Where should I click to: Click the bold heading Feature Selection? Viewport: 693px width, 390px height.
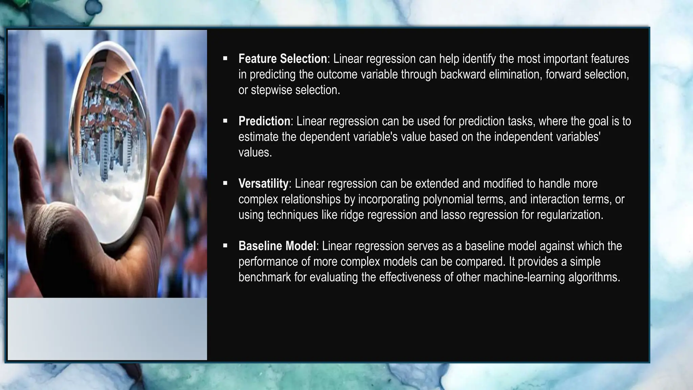[x=283, y=59]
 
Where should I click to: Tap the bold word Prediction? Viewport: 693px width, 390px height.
[x=264, y=121]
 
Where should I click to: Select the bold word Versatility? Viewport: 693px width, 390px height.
[x=263, y=183]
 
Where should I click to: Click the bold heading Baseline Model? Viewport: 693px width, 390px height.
[x=277, y=246]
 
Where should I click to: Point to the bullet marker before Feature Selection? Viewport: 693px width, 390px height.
[x=225, y=59]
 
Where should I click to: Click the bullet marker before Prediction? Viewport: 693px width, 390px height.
[x=225, y=121]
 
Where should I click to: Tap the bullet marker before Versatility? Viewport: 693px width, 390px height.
[x=225, y=183]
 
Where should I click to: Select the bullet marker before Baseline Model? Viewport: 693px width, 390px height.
[x=225, y=246]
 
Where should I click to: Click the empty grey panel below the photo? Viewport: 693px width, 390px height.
[x=107, y=328]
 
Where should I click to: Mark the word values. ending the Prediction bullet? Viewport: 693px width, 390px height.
[x=255, y=152]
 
